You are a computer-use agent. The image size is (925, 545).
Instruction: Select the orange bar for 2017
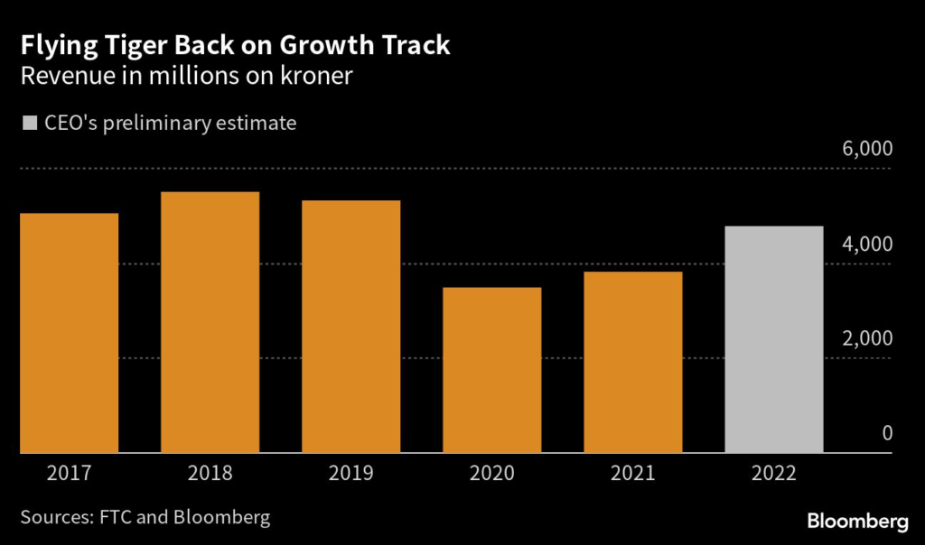[70, 333]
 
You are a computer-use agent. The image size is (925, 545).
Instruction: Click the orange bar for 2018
[210, 322]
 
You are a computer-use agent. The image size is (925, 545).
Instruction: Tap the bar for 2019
[351, 327]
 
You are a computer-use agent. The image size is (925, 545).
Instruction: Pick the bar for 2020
[492, 370]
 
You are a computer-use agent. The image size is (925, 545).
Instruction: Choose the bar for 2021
[633, 362]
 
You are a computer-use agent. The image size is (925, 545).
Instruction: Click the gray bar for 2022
[774, 339]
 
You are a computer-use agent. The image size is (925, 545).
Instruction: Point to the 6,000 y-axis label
[867, 149]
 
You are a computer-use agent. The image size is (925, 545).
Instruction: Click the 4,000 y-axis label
[867, 244]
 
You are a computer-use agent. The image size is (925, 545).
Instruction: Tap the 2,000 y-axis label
[867, 338]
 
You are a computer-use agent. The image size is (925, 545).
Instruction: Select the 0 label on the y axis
[887, 433]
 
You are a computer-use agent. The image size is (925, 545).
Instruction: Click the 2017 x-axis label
[70, 473]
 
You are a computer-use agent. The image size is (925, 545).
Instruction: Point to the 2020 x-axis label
[492, 473]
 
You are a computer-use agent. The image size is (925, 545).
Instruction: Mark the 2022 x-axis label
[774, 473]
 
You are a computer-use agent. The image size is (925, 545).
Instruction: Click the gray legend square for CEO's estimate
[29, 123]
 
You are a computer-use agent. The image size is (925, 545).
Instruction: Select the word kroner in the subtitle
[312, 76]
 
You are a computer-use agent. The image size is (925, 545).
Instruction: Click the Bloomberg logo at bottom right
[857, 522]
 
